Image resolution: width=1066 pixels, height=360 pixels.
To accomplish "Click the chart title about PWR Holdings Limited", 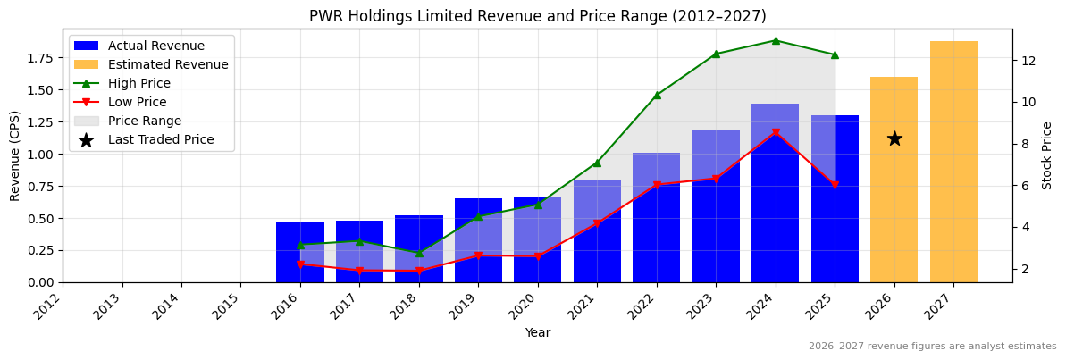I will (x=537, y=16).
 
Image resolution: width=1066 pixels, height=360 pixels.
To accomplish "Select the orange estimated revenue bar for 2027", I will (x=953, y=162).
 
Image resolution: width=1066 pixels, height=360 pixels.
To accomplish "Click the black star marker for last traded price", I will (x=894, y=138).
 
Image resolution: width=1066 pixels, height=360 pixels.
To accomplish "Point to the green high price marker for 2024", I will (x=776, y=40).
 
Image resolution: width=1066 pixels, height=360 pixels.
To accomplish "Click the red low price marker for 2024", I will (x=776, y=133).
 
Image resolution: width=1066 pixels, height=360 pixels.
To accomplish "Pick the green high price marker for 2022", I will (x=657, y=95).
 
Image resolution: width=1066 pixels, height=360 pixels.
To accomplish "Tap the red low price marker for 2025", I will (x=835, y=185).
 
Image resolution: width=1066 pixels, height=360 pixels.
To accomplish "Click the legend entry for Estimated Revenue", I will (x=168, y=65).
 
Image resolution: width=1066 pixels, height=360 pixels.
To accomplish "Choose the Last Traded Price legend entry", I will (x=161, y=140).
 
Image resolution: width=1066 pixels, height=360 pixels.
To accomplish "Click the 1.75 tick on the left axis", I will (x=41, y=58).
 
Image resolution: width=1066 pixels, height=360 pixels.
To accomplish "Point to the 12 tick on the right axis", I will (x=1028, y=61).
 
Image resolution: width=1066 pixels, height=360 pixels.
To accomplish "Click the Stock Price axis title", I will (x=1047, y=155).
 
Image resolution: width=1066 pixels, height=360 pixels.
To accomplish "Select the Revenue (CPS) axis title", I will (x=15, y=155).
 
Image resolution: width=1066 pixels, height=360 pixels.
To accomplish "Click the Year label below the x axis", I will (x=537, y=332).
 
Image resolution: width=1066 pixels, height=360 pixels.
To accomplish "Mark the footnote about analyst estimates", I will (x=932, y=347).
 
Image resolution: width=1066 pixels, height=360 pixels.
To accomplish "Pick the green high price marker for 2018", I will (x=419, y=253).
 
